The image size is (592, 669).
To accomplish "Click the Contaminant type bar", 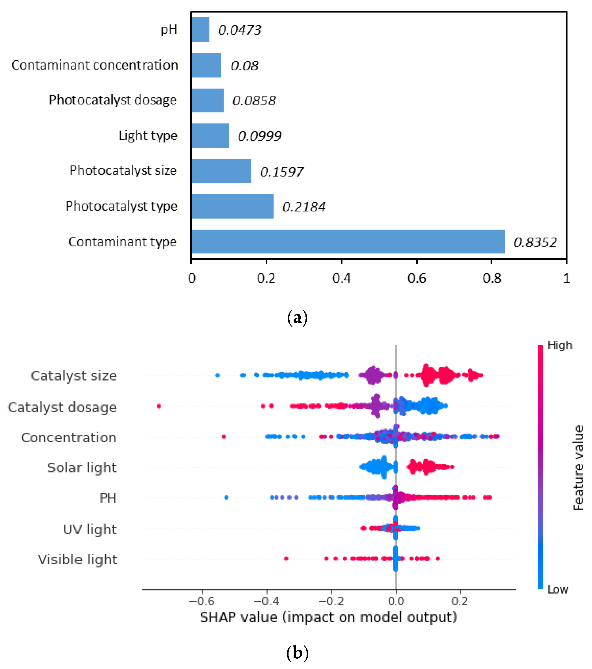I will [x=348, y=242].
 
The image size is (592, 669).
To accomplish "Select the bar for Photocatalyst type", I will [x=232, y=206].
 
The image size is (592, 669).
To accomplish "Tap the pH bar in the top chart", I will [x=200, y=29].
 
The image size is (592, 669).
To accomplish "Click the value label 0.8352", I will [x=535, y=243].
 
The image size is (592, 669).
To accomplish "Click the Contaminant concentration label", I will [x=95, y=65].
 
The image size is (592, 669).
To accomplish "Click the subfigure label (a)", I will [x=297, y=318].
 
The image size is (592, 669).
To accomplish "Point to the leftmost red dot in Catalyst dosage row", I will [x=159, y=406].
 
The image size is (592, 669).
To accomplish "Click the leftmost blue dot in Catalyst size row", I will [x=217, y=375].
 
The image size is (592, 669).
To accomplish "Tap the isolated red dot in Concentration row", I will [x=224, y=437].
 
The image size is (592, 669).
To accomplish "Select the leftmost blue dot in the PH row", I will [x=226, y=498].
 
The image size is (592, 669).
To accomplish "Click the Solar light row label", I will [x=82, y=468].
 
